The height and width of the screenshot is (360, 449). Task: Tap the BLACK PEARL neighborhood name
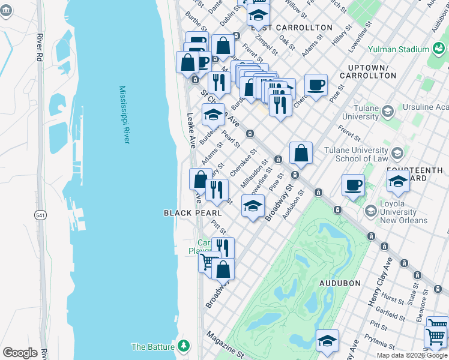(193, 213)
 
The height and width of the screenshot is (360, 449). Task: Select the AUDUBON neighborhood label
(340, 283)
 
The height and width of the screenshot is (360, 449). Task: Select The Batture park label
(153, 347)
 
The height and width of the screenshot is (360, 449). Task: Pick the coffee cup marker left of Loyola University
(354, 185)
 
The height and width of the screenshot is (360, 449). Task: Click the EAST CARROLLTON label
(295, 28)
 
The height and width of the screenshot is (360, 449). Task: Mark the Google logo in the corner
(20, 353)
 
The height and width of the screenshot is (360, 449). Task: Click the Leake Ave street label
(191, 130)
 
